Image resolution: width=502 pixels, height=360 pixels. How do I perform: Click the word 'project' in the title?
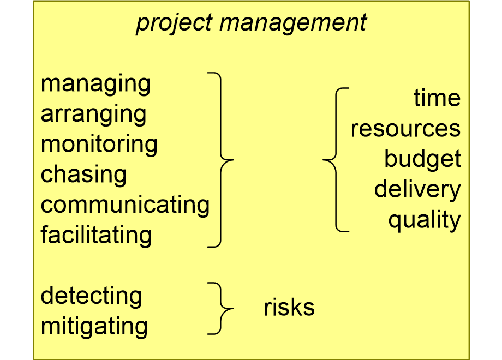(x=174, y=23)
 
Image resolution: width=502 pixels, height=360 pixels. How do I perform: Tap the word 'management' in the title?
(x=293, y=23)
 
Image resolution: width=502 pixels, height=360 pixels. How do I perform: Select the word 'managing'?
(x=95, y=85)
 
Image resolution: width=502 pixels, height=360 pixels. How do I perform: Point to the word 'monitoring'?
(x=99, y=145)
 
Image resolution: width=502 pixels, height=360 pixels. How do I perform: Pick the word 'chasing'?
(x=84, y=175)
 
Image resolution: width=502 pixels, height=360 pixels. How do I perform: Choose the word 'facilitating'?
(x=97, y=235)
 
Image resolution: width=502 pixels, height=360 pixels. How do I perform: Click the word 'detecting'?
(x=92, y=296)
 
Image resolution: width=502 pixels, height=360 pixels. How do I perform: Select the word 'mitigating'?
(x=94, y=327)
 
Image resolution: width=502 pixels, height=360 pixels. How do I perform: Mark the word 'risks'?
(x=289, y=307)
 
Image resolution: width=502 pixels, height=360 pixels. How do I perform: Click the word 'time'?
(x=437, y=98)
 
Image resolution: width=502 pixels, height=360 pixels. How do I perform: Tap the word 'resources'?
(x=405, y=129)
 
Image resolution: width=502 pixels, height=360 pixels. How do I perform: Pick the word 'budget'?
(x=422, y=159)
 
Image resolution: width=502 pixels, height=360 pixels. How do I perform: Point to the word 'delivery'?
(x=417, y=189)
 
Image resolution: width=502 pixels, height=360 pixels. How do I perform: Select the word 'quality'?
(x=425, y=220)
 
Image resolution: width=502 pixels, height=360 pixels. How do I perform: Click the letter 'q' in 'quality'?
(x=396, y=223)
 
